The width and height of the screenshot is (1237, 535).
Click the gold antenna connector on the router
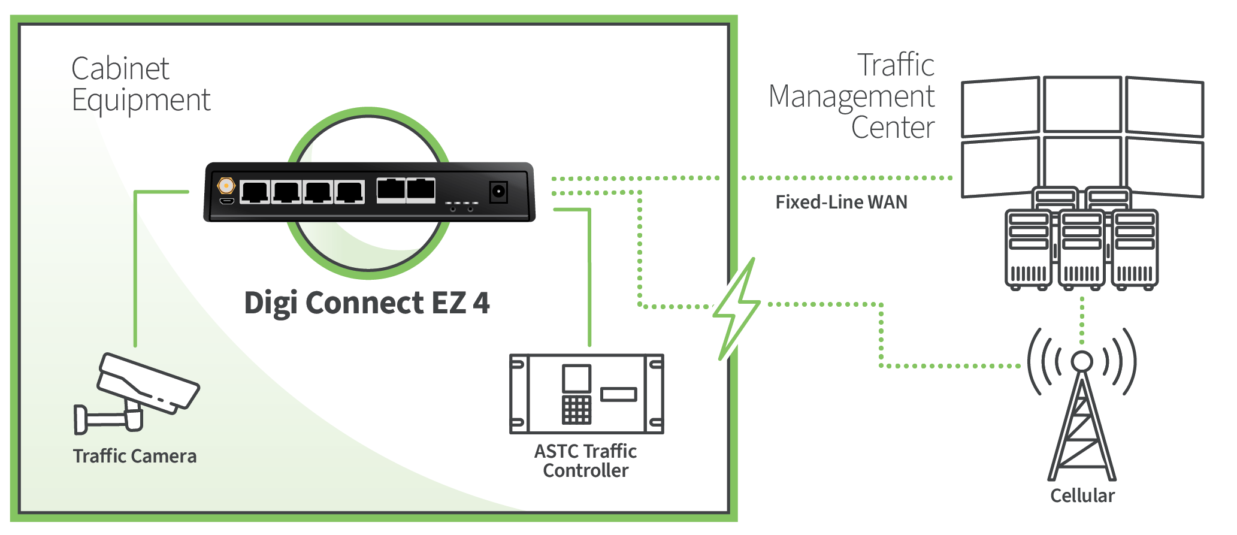coord(226,186)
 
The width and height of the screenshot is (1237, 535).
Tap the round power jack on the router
coord(498,192)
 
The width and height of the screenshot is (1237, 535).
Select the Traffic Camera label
coord(135,457)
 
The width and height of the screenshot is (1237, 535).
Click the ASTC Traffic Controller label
coord(585,461)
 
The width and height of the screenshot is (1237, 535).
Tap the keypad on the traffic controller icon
coord(576,410)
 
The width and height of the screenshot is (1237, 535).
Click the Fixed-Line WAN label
coord(841,202)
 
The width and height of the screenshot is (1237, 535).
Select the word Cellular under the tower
coord(1082,496)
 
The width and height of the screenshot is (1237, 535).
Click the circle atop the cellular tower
coord(1082,361)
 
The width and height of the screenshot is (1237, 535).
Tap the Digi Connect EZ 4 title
coord(367,303)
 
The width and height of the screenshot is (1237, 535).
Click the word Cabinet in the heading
coord(120,69)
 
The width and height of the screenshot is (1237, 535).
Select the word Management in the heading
coord(851,97)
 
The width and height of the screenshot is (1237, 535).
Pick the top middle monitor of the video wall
coord(1082,104)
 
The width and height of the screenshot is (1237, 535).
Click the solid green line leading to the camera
coord(136,270)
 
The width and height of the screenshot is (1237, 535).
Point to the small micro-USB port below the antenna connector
coord(226,201)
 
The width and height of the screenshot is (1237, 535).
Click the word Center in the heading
coord(893,128)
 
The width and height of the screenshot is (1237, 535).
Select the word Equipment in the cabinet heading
coord(141,100)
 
